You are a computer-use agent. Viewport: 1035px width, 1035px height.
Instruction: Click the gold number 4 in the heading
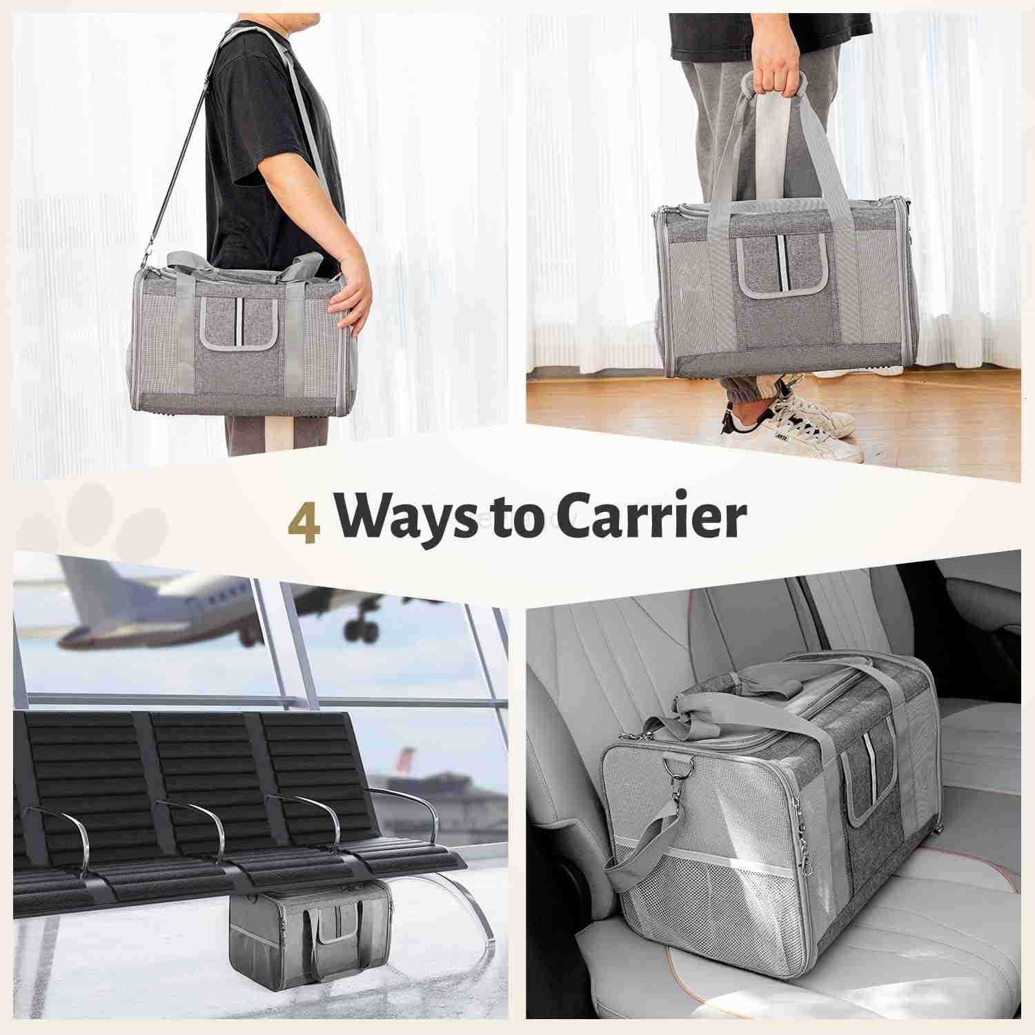[304, 522]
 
